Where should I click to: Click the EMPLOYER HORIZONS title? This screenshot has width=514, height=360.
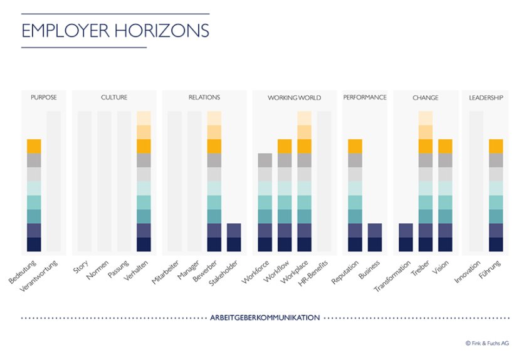click(x=115, y=31)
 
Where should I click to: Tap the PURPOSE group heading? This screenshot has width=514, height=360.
click(x=44, y=98)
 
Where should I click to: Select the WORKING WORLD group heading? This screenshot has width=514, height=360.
click(x=294, y=98)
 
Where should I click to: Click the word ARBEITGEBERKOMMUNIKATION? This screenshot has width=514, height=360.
click(x=265, y=318)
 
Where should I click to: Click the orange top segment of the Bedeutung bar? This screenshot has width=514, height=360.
click(x=34, y=146)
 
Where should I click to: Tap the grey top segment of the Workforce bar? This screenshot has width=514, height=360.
click(x=265, y=160)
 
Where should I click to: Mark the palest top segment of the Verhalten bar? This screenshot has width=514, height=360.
click(x=144, y=118)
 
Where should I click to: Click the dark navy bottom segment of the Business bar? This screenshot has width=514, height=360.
click(x=374, y=245)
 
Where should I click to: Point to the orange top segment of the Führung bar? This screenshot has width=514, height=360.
click(x=496, y=146)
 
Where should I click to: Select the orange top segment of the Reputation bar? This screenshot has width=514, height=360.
click(x=355, y=146)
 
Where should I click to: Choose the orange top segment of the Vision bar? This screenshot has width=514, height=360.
click(x=445, y=146)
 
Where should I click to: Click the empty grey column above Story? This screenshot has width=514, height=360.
click(x=85, y=182)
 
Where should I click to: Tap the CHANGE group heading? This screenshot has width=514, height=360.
click(x=426, y=98)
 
